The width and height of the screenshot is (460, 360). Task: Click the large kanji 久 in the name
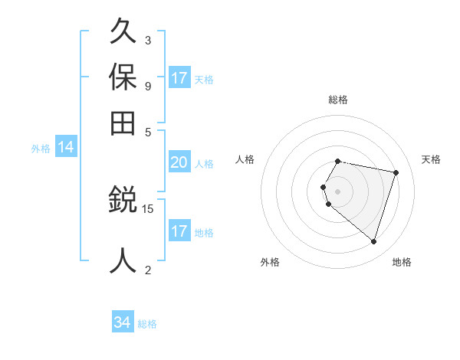[123, 32]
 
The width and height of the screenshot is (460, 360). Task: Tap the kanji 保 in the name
[123, 77]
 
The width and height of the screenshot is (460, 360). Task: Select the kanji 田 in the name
[123, 123]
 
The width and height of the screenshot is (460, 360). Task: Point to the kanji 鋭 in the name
[123, 201]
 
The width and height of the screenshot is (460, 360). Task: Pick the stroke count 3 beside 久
[147, 40]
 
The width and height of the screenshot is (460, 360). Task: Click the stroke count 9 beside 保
[147, 85]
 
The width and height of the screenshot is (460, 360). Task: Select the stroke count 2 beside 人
[147, 269]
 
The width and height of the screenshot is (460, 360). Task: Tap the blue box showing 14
[66, 148]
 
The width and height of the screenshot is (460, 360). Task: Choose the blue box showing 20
[179, 162]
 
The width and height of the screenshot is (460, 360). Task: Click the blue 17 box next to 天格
[179, 78]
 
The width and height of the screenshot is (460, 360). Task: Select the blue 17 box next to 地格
[179, 231]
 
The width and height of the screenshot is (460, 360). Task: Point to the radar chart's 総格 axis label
[338, 100]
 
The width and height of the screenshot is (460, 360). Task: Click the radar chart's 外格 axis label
[270, 262]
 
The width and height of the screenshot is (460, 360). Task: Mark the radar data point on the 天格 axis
[396, 172]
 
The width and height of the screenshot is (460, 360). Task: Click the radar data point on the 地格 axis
[373, 241]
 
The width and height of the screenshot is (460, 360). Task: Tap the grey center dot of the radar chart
[338, 191]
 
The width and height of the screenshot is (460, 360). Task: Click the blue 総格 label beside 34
[148, 324]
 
